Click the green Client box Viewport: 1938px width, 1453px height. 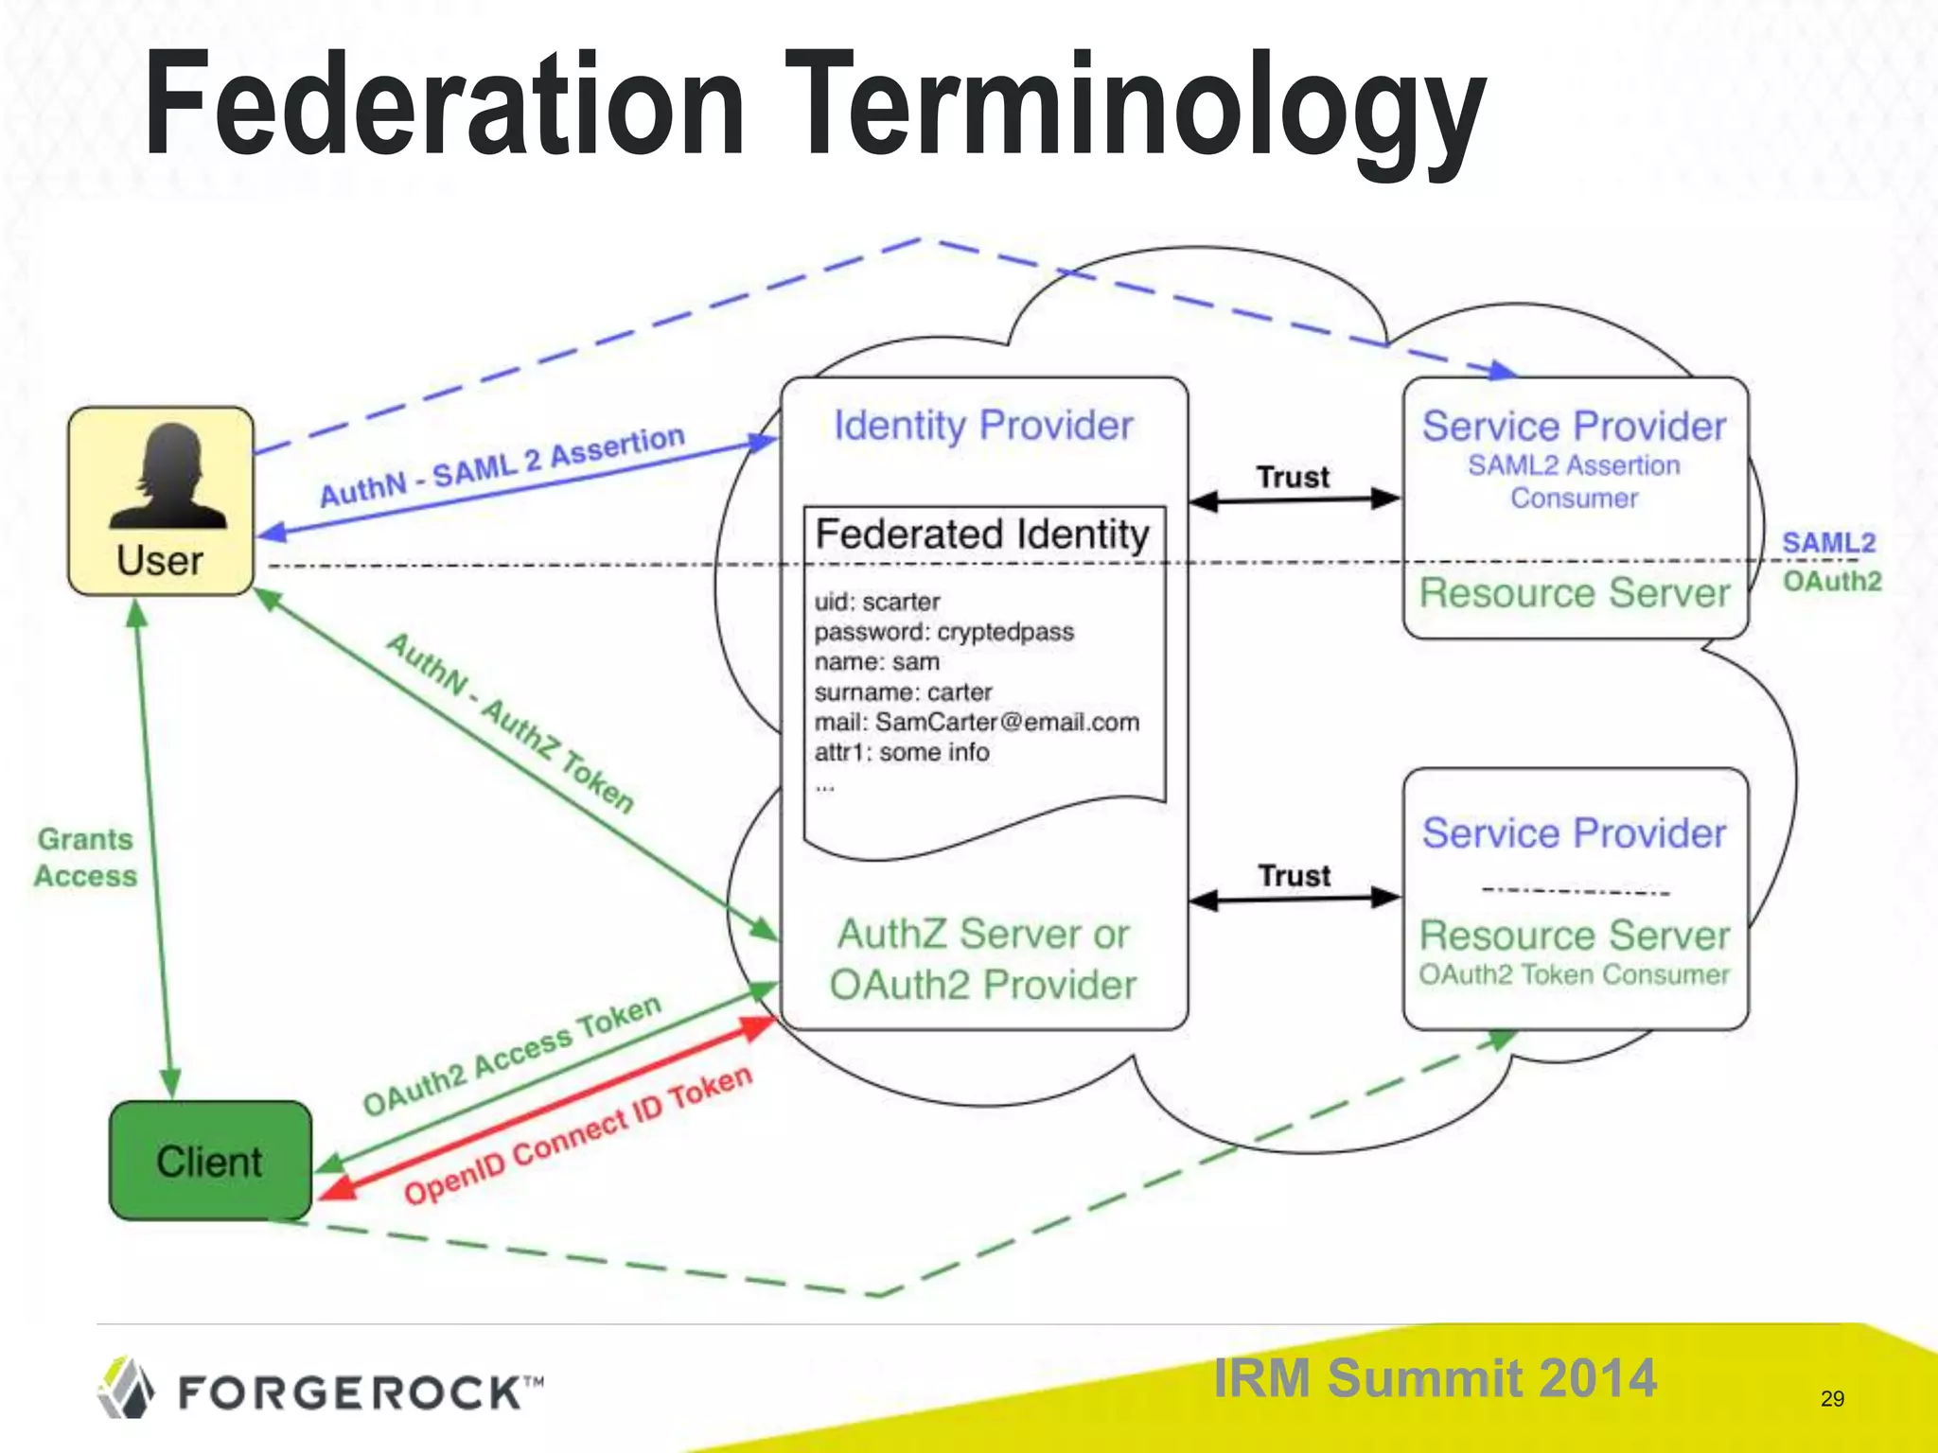coord(210,1161)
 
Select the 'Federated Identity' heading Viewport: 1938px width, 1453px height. coord(982,534)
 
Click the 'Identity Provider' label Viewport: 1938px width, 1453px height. coord(983,426)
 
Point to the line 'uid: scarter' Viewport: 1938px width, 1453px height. coord(877,602)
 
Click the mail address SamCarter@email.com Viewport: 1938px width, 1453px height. coord(1007,723)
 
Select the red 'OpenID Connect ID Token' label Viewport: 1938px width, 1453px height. coord(577,1135)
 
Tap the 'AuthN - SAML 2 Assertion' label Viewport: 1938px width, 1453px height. coord(502,465)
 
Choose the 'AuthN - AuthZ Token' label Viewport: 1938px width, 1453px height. coord(510,724)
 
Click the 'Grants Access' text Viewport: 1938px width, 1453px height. coord(85,858)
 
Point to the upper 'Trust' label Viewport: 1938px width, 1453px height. coord(1293,477)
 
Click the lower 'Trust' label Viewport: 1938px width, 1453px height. coord(1294,876)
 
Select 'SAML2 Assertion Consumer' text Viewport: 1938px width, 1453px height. coord(1574,481)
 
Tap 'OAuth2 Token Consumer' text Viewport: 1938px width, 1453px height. coord(1574,974)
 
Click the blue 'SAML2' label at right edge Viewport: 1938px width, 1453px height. coord(1828,543)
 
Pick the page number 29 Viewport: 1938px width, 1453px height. coord(1832,1398)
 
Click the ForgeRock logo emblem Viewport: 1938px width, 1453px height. coord(126,1388)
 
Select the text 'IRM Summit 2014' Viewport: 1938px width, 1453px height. coord(1435,1377)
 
